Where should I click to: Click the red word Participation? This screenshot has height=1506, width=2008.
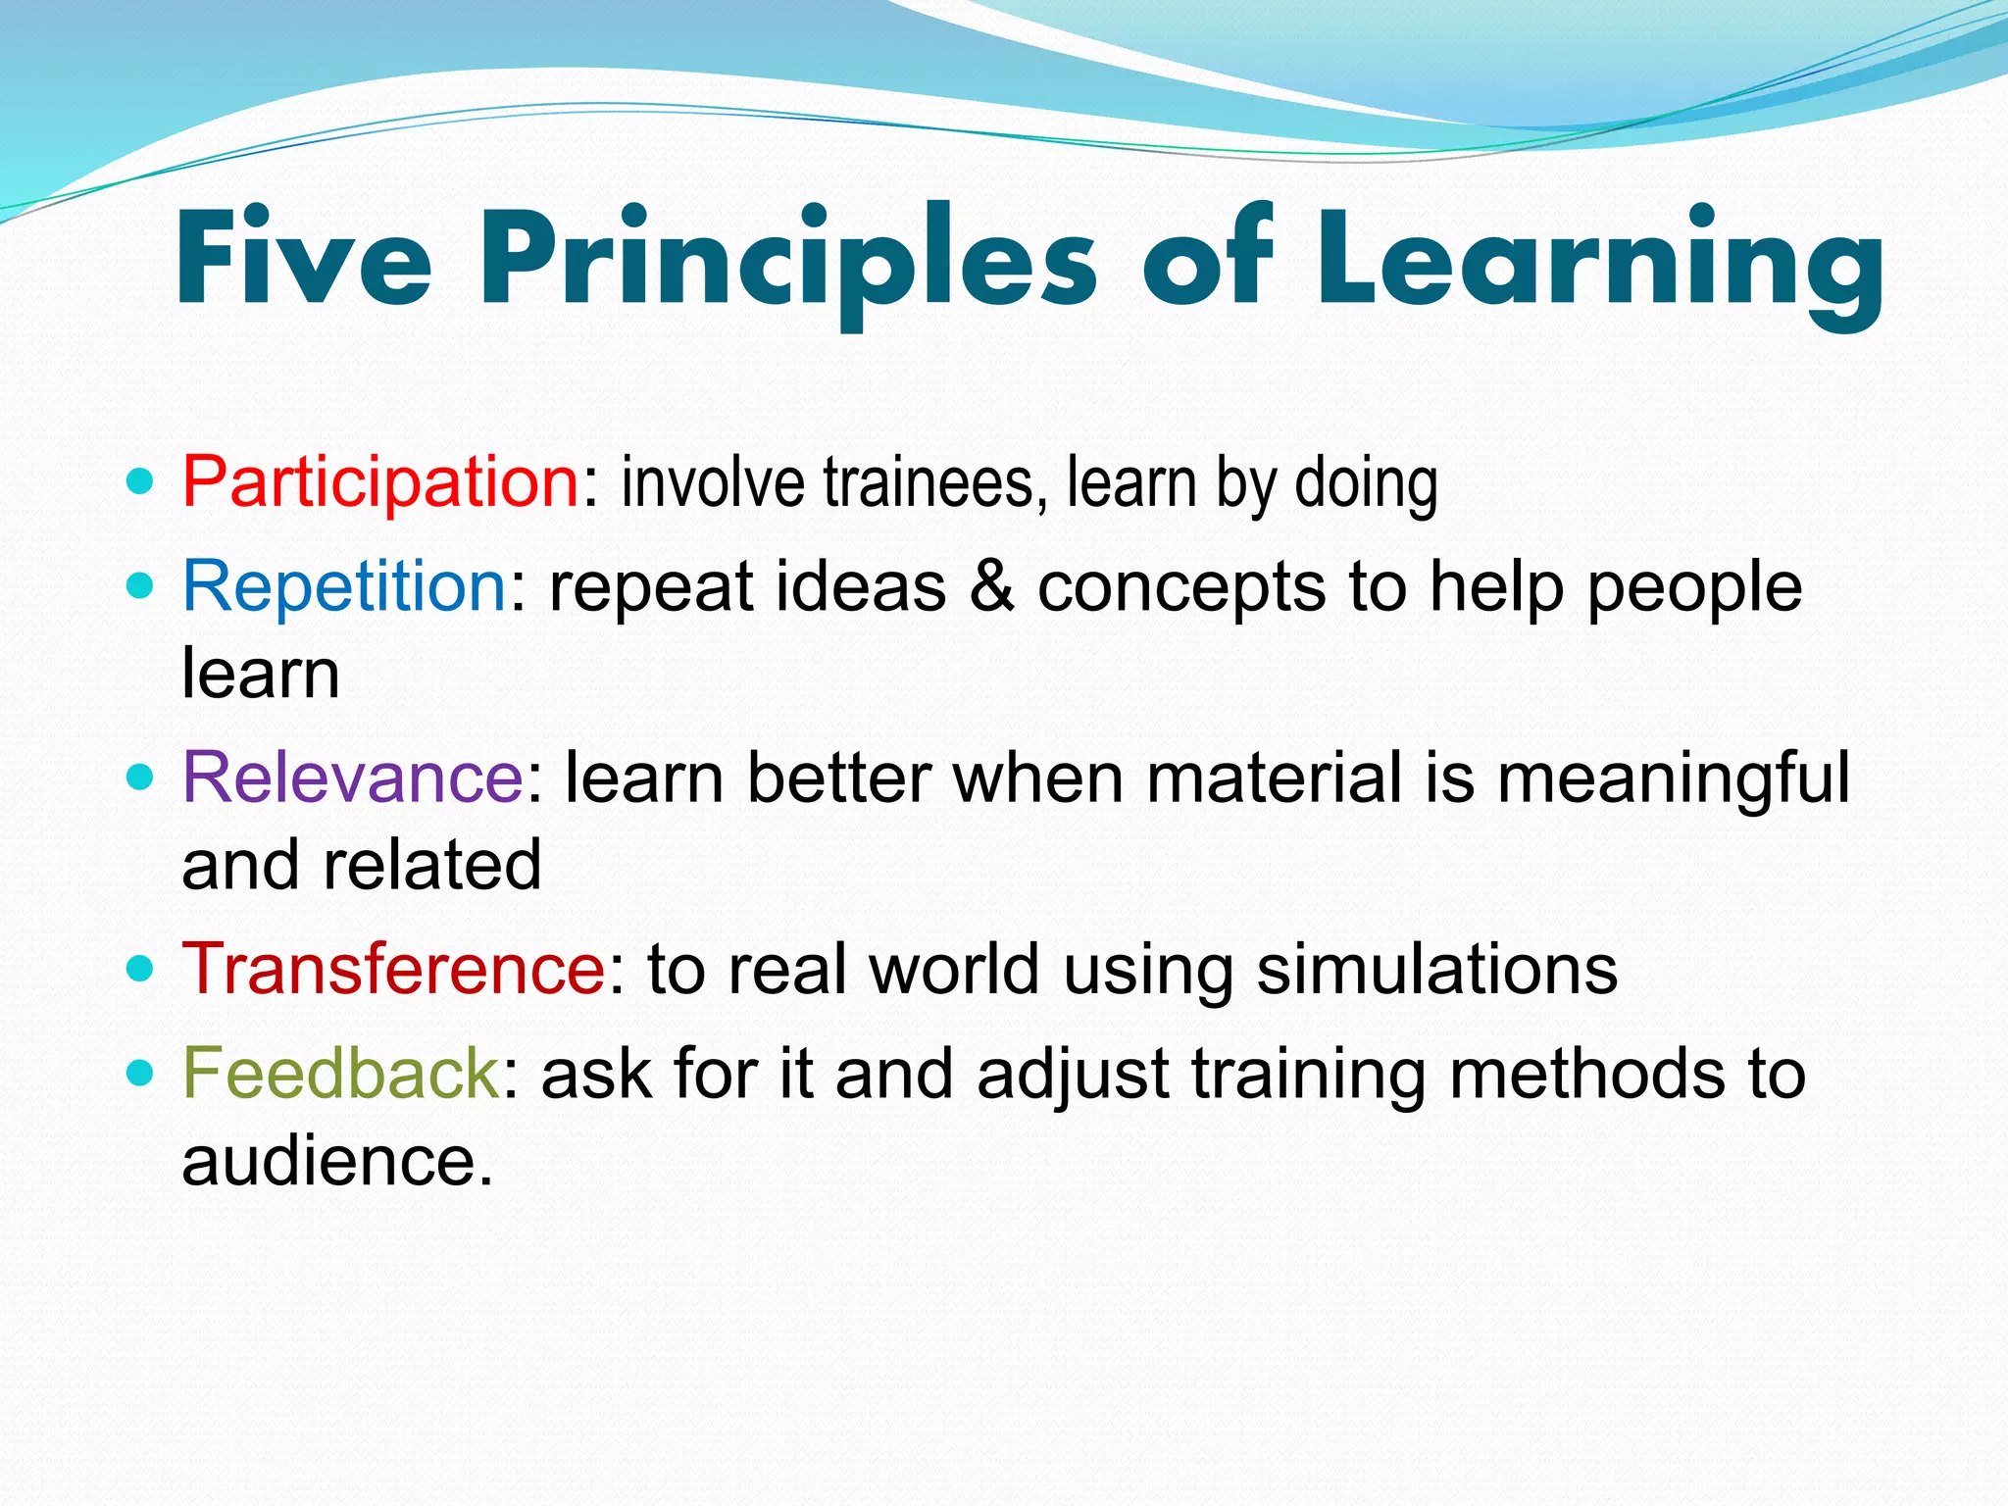381,482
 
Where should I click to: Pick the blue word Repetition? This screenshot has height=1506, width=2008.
344,586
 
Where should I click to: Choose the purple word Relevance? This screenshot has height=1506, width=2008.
353,778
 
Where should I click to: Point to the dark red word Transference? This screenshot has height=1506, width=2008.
394,969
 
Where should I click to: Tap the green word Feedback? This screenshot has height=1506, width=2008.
341,1073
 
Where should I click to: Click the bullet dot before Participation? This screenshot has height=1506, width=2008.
141,482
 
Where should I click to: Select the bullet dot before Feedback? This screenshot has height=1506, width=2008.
141,1073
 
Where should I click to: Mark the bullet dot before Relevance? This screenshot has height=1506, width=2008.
141,778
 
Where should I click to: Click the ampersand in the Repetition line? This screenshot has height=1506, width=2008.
991,586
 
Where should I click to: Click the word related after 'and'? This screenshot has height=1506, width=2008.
431,866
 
